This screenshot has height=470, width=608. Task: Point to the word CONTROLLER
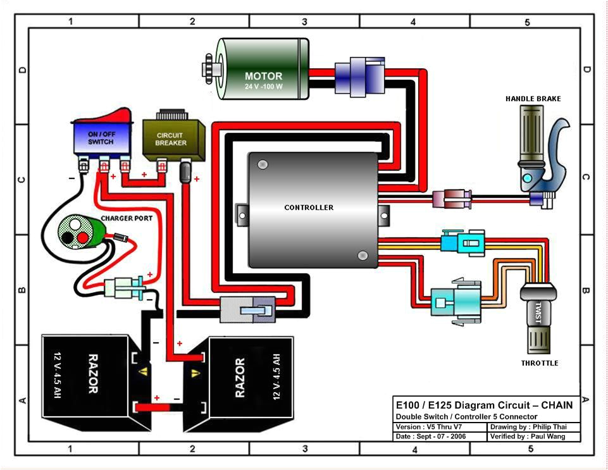click(308, 207)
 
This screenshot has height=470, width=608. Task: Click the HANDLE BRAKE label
click(533, 99)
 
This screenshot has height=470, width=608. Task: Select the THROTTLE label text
click(539, 363)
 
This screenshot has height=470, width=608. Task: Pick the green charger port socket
click(76, 231)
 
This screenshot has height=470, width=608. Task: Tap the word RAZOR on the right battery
click(240, 378)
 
